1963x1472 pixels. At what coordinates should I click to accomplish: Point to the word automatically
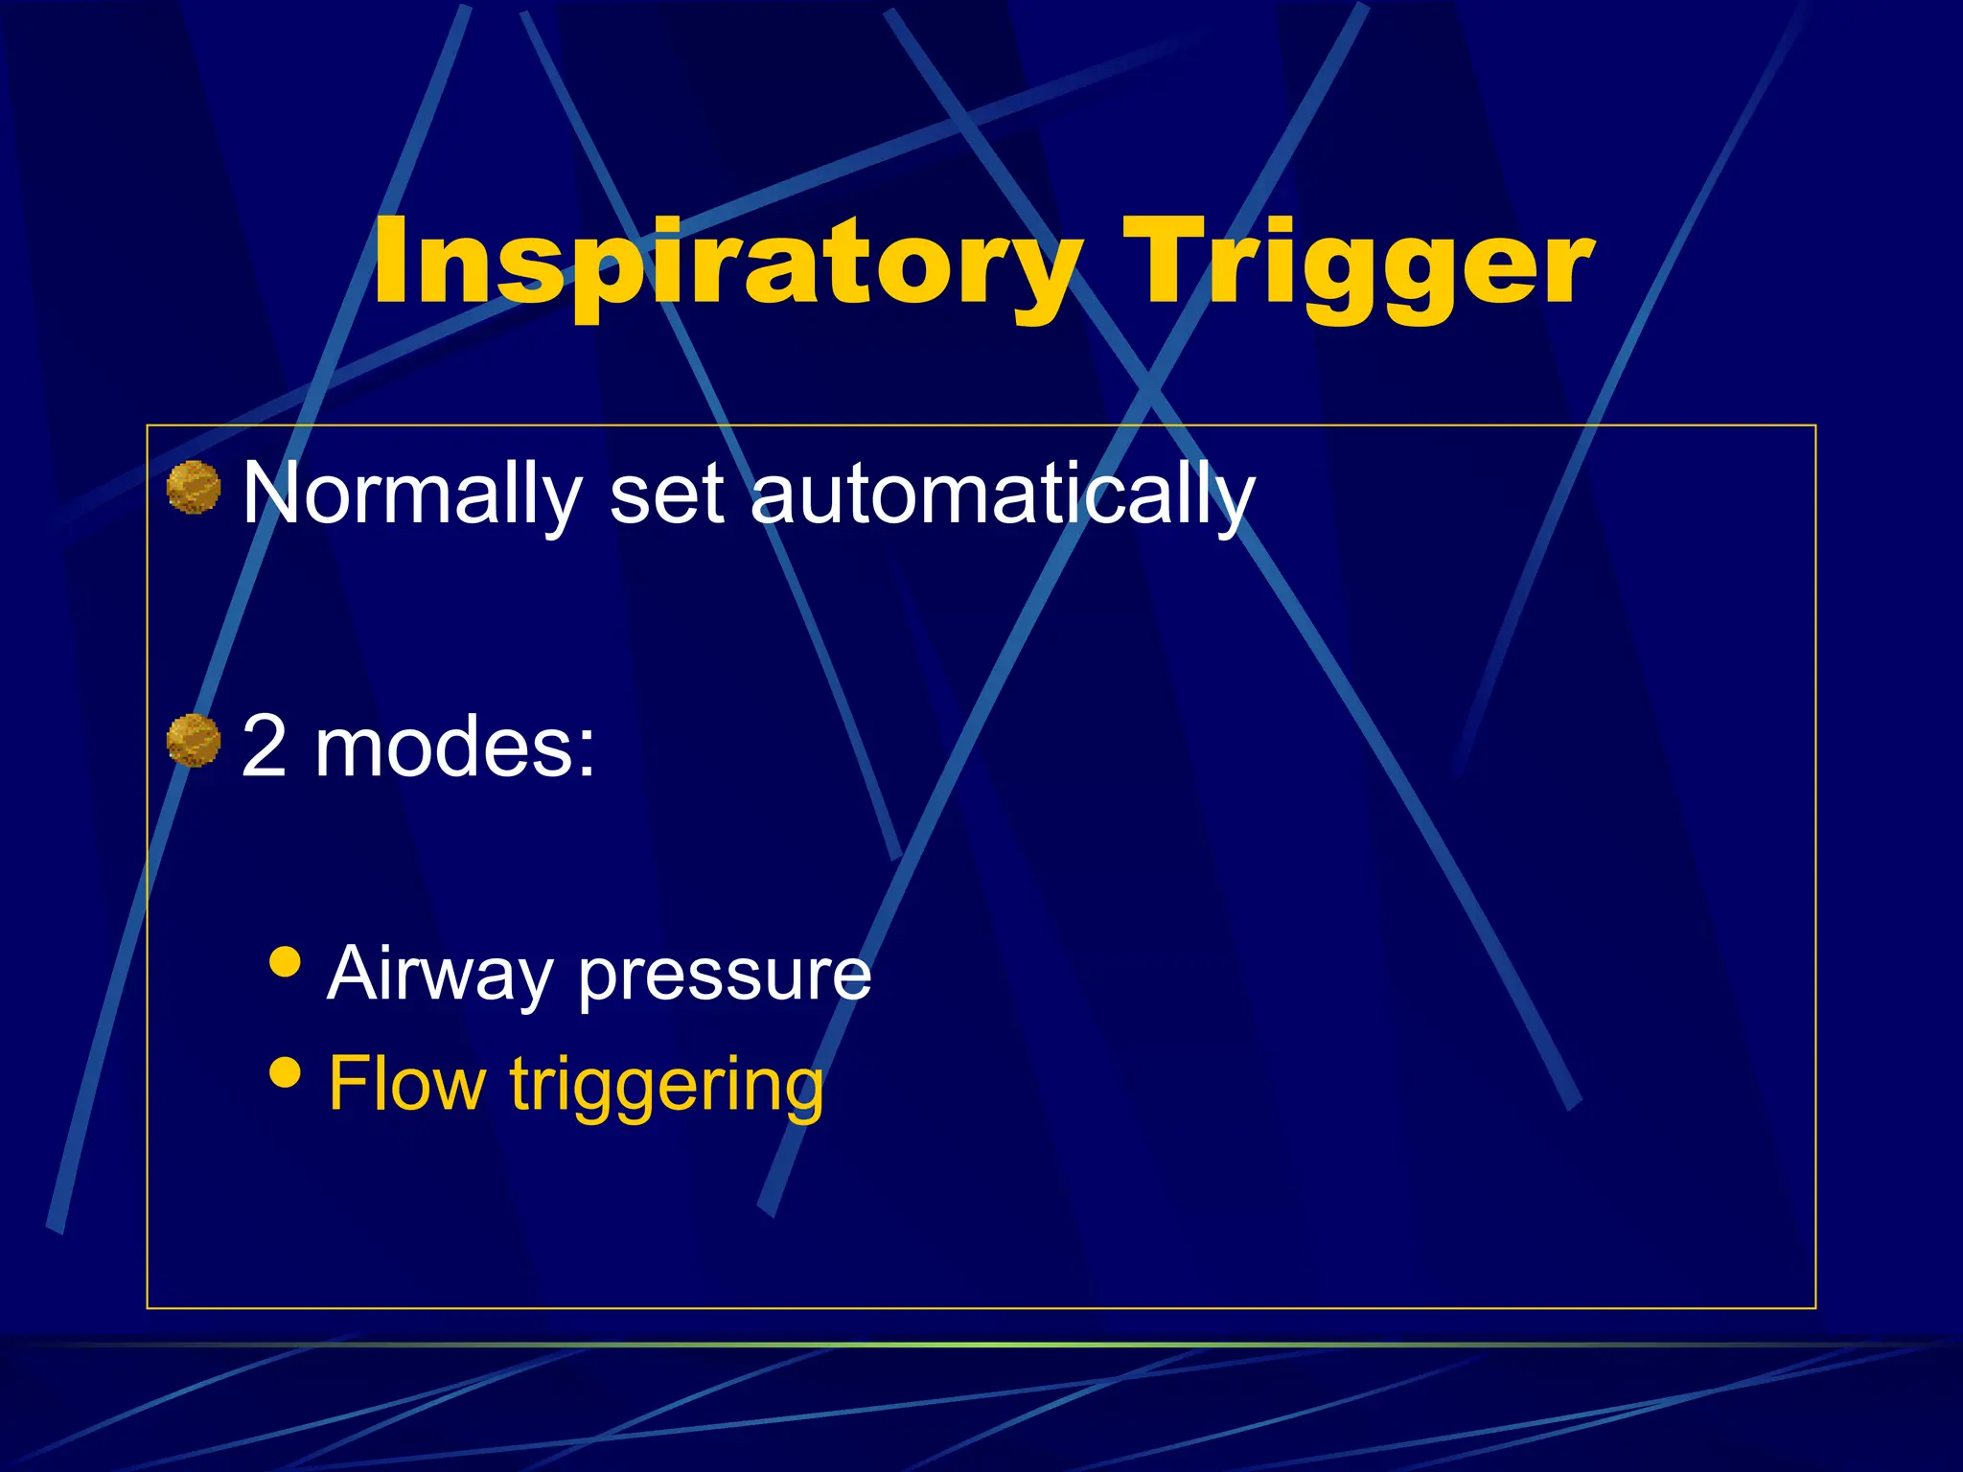click(1002, 495)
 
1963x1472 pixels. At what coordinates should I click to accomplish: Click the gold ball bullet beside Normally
click(194, 488)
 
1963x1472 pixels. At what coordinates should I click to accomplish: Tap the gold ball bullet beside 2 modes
click(194, 741)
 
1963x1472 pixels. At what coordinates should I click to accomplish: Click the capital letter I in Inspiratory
click(387, 260)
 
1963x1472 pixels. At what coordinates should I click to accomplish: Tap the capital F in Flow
click(347, 1083)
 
